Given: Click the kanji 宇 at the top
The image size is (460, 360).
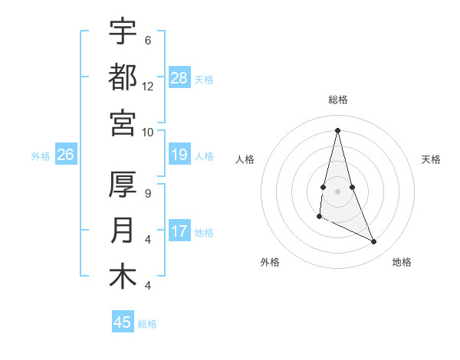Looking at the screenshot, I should (x=123, y=31).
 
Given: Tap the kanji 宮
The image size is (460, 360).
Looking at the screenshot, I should (x=123, y=122).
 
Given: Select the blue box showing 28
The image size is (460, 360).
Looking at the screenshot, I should (x=179, y=78).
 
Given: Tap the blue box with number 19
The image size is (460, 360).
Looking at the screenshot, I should (x=179, y=155).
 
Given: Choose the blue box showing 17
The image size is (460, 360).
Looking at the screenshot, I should (x=179, y=231).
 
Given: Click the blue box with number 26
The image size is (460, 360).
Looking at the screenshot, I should (x=65, y=155).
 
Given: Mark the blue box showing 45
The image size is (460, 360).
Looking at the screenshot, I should (x=123, y=322).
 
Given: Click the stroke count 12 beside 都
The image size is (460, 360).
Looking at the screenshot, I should (x=148, y=87).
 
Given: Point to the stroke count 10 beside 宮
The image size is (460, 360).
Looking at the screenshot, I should (x=148, y=132).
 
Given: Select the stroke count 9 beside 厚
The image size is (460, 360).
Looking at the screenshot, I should (x=148, y=194).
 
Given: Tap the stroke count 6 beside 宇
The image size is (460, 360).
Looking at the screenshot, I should (x=148, y=41).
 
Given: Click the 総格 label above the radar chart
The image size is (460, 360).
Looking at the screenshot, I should (x=337, y=100).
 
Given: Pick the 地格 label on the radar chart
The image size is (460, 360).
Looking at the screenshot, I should (x=402, y=262).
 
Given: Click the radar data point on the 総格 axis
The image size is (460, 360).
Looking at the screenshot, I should (x=337, y=129).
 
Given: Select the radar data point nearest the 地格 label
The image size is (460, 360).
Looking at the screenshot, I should (x=374, y=242).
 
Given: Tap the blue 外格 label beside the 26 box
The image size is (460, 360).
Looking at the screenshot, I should (x=41, y=156).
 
